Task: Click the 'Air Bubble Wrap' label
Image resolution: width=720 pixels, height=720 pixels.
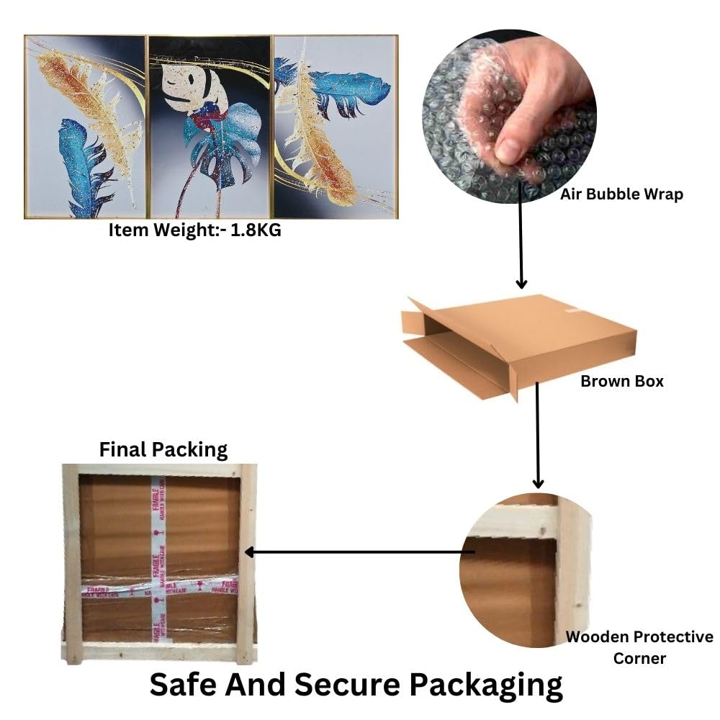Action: click(622, 194)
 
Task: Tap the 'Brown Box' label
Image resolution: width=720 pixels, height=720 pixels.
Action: click(622, 381)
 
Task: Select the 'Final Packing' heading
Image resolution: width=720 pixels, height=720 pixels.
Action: click(163, 450)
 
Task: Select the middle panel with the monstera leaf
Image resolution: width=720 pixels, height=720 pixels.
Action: click(210, 127)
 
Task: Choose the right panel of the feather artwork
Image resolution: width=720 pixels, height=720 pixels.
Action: click(336, 127)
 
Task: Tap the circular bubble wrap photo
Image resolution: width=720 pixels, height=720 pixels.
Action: click(509, 115)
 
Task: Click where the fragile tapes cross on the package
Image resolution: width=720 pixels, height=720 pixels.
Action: click(156, 585)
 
